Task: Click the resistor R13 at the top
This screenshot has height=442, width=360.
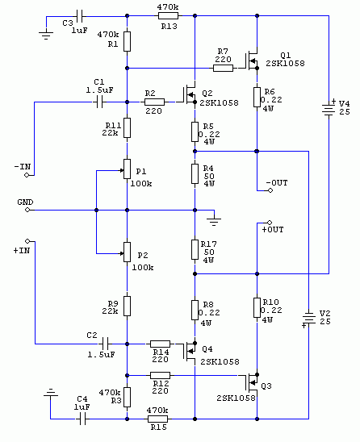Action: (168, 16)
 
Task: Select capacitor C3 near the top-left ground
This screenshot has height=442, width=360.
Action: (79, 16)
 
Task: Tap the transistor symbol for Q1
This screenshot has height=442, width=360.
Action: (252, 60)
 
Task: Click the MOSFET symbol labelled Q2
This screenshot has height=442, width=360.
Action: (190, 94)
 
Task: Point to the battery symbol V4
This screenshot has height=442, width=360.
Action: (329, 109)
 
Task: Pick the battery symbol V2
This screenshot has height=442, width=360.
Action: (308, 319)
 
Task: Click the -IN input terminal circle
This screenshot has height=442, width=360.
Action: (27, 175)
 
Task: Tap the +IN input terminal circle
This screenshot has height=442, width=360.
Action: (27, 241)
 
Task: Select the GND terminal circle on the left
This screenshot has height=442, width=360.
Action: (27, 210)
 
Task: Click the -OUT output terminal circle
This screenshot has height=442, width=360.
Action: (270, 190)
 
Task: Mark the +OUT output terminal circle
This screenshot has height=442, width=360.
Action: (270, 223)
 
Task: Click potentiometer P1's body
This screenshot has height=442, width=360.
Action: (127, 169)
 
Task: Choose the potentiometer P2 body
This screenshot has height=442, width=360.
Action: (127, 252)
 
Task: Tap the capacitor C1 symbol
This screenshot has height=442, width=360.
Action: (99, 102)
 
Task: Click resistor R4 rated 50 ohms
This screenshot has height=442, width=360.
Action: (195, 173)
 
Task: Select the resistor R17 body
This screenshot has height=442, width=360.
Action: (195, 249)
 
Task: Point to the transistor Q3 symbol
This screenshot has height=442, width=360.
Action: (252, 382)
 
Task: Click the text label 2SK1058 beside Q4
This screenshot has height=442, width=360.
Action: (220, 361)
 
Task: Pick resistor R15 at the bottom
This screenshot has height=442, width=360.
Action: (157, 419)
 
